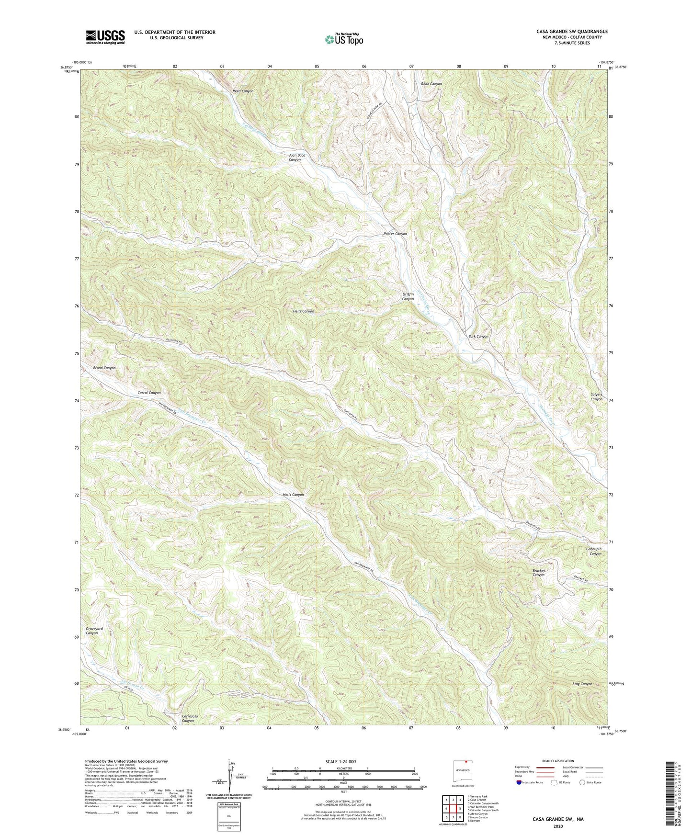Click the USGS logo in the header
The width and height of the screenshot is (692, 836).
click(105, 37)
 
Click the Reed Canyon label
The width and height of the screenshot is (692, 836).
click(243, 91)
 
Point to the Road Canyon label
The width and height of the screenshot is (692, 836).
click(431, 84)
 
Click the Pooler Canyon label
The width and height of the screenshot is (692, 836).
click(395, 234)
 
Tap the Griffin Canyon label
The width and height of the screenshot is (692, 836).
click(408, 297)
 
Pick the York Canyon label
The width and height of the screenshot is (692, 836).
click(478, 337)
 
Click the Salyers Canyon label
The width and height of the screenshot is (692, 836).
click(596, 397)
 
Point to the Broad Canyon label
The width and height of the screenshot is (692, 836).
click(104, 368)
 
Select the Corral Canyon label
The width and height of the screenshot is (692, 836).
click(149, 393)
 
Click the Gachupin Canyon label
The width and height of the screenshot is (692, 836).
click(593, 551)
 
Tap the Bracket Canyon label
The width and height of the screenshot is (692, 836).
click(538, 573)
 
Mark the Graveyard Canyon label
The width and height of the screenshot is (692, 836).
click(94, 631)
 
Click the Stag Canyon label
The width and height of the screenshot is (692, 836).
click(582, 684)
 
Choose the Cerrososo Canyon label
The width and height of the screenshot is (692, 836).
click(187, 718)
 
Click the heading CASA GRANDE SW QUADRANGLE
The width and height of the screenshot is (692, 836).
click(572, 32)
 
